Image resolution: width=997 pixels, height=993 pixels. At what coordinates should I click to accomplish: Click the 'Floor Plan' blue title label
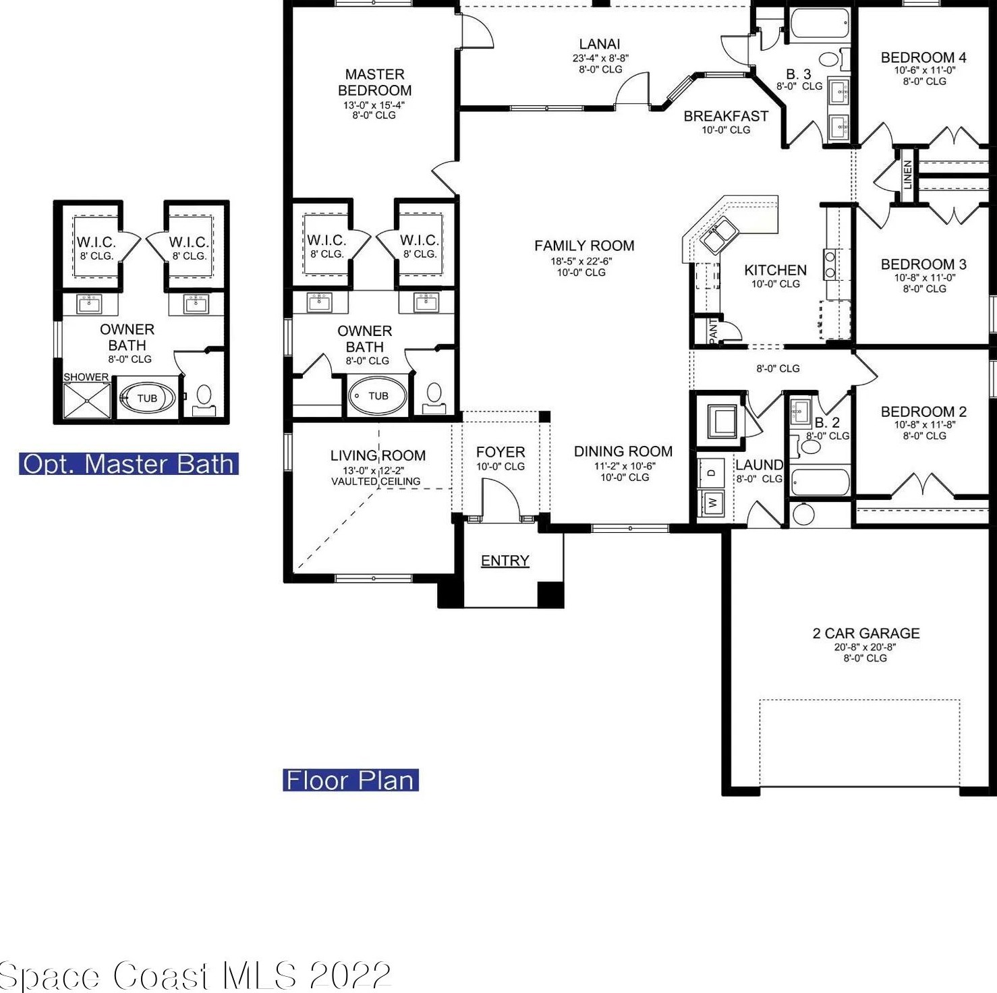[x=351, y=780]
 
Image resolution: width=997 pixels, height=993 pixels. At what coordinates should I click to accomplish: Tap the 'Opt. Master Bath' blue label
[x=129, y=464]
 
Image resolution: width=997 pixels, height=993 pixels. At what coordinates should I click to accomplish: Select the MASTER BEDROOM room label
[x=374, y=82]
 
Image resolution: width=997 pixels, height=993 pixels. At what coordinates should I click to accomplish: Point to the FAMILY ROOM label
[x=584, y=246]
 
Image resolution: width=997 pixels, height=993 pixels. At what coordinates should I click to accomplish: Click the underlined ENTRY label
[x=505, y=561]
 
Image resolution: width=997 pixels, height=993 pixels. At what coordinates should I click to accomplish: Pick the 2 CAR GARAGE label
[x=866, y=633]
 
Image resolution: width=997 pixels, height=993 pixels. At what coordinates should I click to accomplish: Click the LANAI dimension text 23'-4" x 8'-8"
[x=600, y=58]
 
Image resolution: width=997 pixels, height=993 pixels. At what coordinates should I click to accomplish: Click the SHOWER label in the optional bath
[x=86, y=377]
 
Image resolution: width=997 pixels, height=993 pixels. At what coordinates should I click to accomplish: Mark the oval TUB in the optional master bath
[x=147, y=398]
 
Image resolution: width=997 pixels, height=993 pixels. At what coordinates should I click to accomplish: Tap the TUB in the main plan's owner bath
[x=378, y=396]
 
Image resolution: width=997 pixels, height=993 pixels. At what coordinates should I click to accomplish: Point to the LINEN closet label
[x=907, y=174]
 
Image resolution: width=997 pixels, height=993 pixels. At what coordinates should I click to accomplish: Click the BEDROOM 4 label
[x=923, y=57]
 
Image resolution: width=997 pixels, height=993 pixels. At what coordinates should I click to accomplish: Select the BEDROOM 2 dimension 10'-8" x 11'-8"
[x=924, y=424]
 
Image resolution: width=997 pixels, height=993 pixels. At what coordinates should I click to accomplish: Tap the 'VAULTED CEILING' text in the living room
[x=376, y=481]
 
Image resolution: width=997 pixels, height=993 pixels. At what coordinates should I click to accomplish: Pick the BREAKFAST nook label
[x=726, y=116]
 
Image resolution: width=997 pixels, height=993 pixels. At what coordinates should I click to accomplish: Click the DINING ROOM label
[x=623, y=451]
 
